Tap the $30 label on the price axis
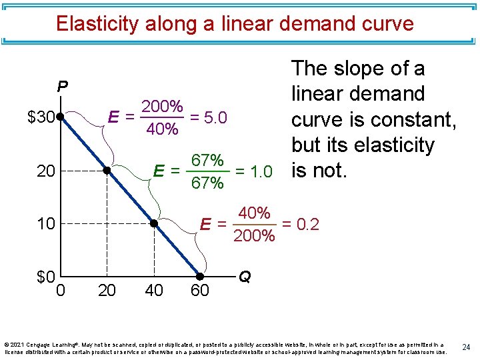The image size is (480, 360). pyautogui.click(x=41, y=118)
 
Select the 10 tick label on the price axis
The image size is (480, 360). pyautogui.click(x=46, y=223)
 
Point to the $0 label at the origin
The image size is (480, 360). pyautogui.click(x=45, y=277)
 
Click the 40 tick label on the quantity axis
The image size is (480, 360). pyautogui.click(x=153, y=290)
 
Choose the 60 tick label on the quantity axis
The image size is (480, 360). pyautogui.click(x=200, y=290)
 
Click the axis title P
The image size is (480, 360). pyautogui.click(x=62, y=87)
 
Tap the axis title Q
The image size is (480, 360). pyautogui.click(x=245, y=276)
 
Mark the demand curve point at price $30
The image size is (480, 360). pyautogui.click(x=60, y=117)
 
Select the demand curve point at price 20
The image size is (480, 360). pyautogui.click(x=107, y=171)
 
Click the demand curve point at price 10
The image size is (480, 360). pyautogui.click(x=153, y=223)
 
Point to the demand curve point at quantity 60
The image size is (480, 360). pyautogui.click(x=200, y=275)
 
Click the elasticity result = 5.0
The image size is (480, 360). pyautogui.click(x=209, y=118)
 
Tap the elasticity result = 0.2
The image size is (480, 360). pyautogui.click(x=301, y=224)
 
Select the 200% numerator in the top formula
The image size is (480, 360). pyautogui.click(x=162, y=107)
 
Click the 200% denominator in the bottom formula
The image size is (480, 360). pyautogui.click(x=254, y=235)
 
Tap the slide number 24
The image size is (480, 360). pyautogui.click(x=466, y=347)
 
